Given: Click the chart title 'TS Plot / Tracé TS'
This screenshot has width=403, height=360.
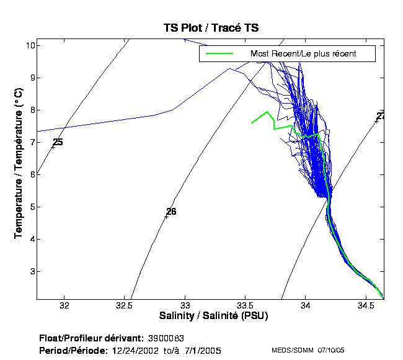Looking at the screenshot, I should [211, 28].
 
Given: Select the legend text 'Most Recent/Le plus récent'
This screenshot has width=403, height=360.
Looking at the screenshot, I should [303, 54].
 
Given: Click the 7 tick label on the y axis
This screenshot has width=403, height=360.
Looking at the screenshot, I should [31, 142].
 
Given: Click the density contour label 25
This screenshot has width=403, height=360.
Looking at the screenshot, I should [58, 142].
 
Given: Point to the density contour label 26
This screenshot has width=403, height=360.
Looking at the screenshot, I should [171, 212].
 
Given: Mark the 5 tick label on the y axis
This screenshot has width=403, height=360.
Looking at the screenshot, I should [31, 207].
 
